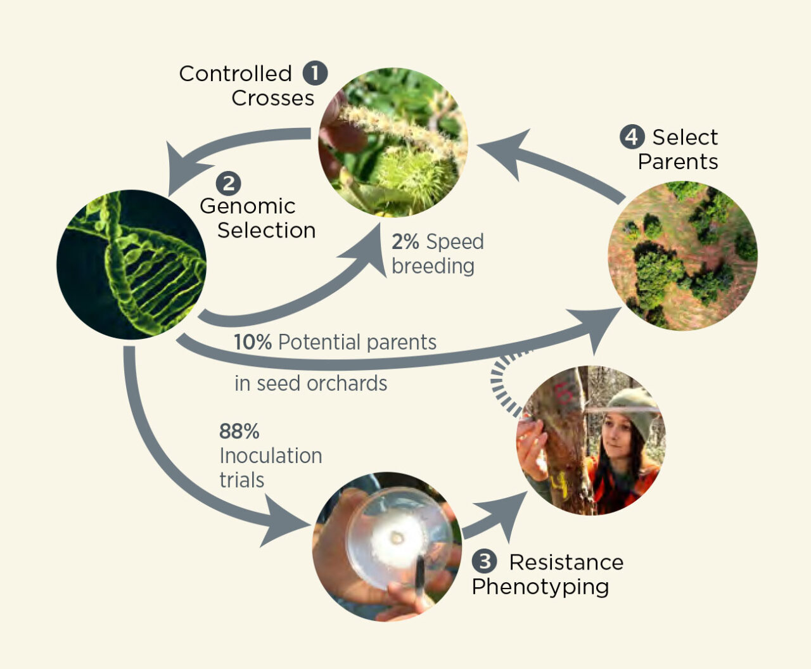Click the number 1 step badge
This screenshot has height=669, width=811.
click(x=315, y=73)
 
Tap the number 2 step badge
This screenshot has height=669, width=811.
click(x=228, y=183)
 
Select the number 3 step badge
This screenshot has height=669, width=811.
click(x=484, y=561)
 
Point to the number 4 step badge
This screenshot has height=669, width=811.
click(x=632, y=136)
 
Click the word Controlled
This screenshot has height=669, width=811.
click(x=235, y=73)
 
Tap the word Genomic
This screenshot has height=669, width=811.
click(x=247, y=206)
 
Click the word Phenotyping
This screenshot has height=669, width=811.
click(x=540, y=587)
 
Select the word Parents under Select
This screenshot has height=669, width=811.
click(x=677, y=162)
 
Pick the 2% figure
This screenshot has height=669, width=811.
click(x=405, y=241)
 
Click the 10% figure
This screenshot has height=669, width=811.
click(x=252, y=342)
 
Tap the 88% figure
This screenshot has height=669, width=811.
click(x=239, y=431)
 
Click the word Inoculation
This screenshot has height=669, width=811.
click(x=271, y=456)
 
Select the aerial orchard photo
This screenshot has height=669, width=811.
click(x=682, y=255)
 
